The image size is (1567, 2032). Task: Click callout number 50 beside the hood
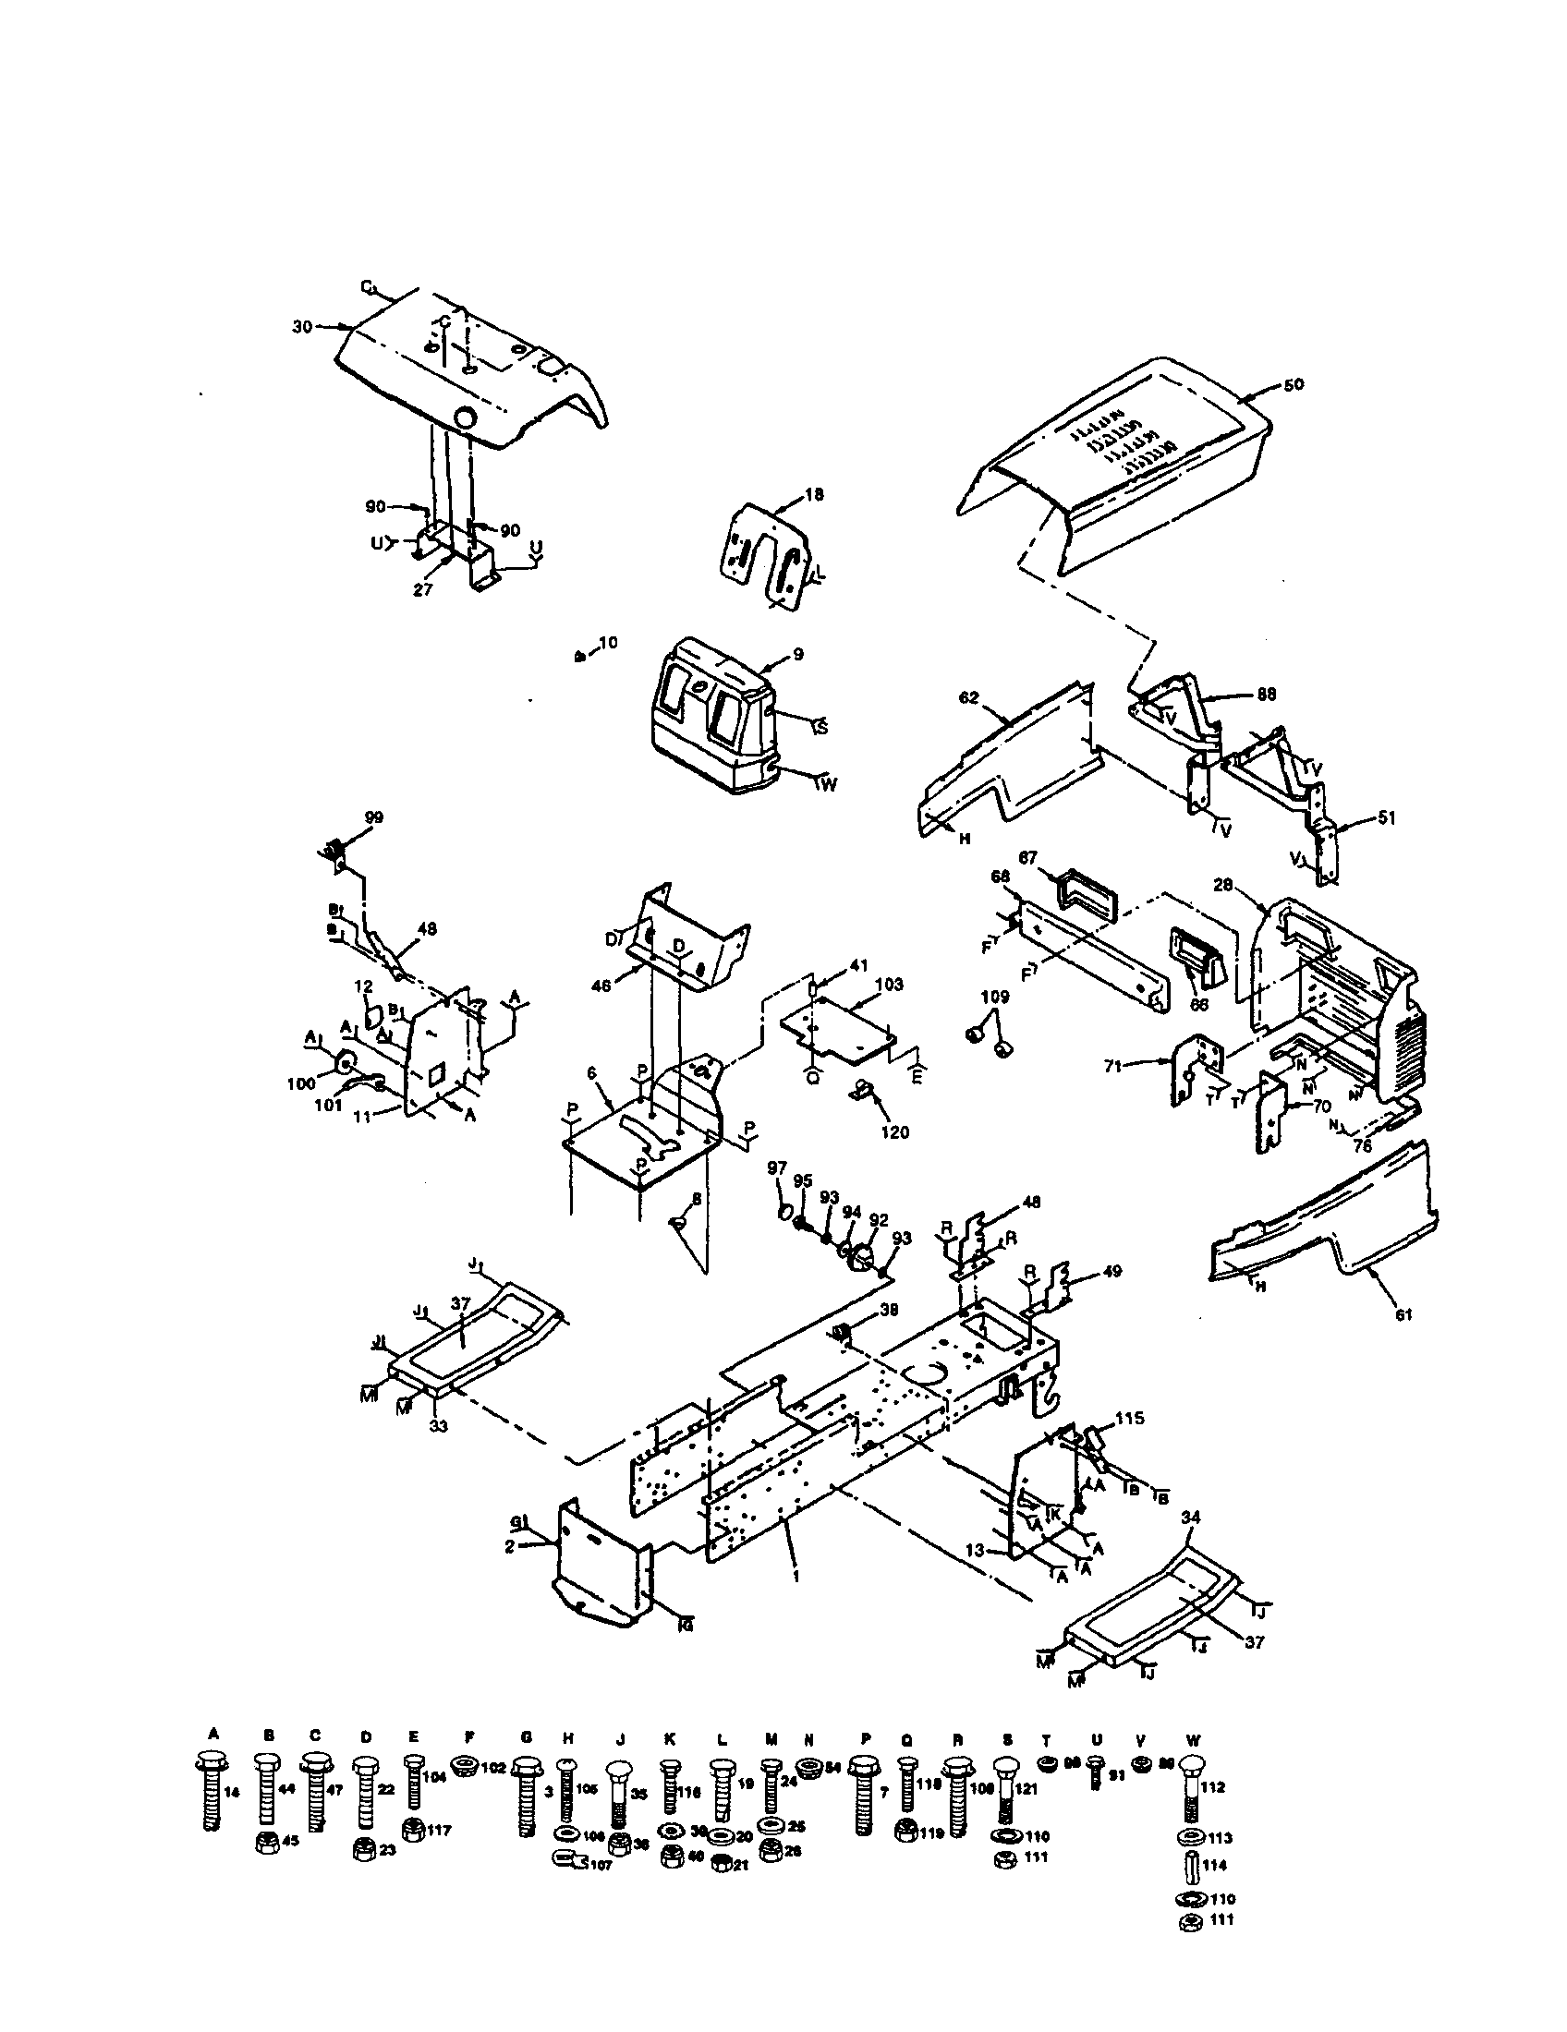pos(1294,384)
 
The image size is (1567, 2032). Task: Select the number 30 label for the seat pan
pos(301,327)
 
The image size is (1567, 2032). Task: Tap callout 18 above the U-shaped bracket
pos(814,495)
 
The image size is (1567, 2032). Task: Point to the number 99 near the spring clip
pos(374,816)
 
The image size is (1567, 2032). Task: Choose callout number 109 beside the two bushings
pos(995,997)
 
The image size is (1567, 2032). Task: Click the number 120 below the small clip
pos(894,1132)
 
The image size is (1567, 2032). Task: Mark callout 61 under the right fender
pos(1403,1314)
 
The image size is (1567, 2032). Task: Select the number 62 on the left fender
pos(968,696)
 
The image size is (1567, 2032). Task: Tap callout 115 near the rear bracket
pos(1130,1418)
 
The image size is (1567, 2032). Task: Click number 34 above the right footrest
pos(1191,1518)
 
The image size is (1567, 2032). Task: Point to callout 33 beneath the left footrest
pos(437,1425)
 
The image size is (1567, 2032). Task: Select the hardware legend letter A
pos(213,1734)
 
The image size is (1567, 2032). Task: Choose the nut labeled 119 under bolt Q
pos(905,1831)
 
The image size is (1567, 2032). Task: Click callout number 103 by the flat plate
pos(889,985)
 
